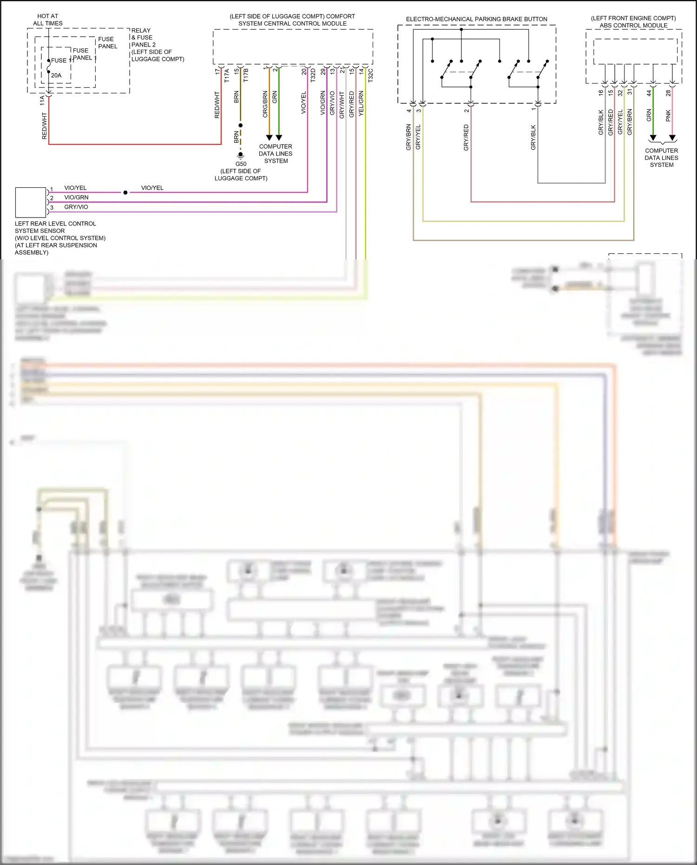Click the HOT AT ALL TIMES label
[x=47, y=20]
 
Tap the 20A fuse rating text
[x=56, y=75]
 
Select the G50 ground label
[x=241, y=164]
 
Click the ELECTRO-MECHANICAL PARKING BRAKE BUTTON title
[x=476, y=19]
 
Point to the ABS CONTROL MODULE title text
[x=633, y=25]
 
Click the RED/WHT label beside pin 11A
[x=45, y=126]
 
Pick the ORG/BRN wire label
[x=265, y=104]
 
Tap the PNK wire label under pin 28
[x=668, y=116]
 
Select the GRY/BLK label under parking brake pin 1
[x=533, y=137]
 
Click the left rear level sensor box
[x=31, y=202]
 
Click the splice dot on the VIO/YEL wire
[x=125, y=192]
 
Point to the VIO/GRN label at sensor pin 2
[x=76, y=198]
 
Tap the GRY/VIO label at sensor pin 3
[x=76, y=207]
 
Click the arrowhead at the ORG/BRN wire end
[x=269, y=138]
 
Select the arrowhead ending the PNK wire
[x=672, y=138]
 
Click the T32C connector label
[x=370, y=75]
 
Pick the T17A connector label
[x=227, y=75]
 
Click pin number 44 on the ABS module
[x=649, y=93]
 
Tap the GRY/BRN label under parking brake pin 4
[x=408, y=137]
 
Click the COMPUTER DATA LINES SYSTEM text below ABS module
[x=661, y=158]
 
